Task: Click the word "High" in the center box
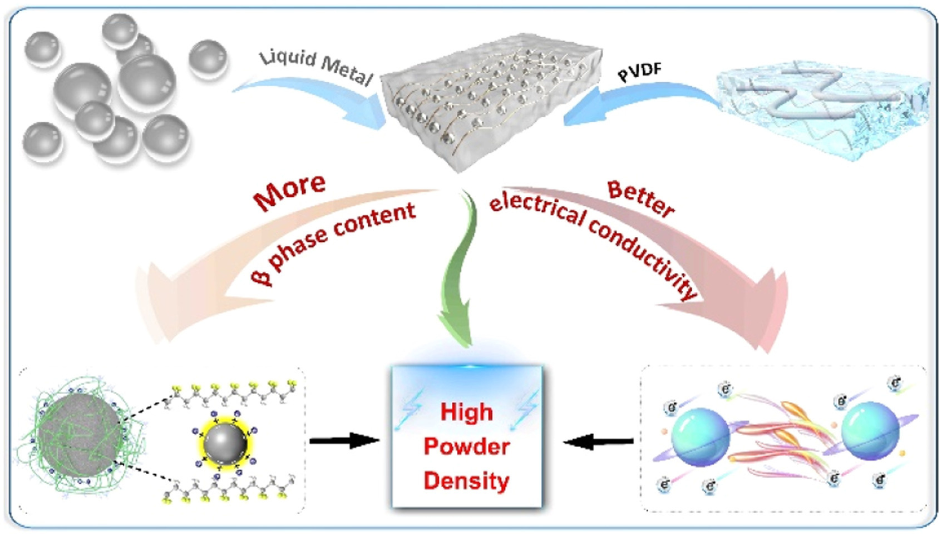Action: (x=466, y=412)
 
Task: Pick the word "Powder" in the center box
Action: (x=466, y=446)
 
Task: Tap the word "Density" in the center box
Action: (x=466, y=481)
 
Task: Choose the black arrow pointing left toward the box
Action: (x=598, y=442)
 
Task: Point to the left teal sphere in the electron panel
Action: (x=700, y=436)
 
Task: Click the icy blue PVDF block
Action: (x=823, y=111)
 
